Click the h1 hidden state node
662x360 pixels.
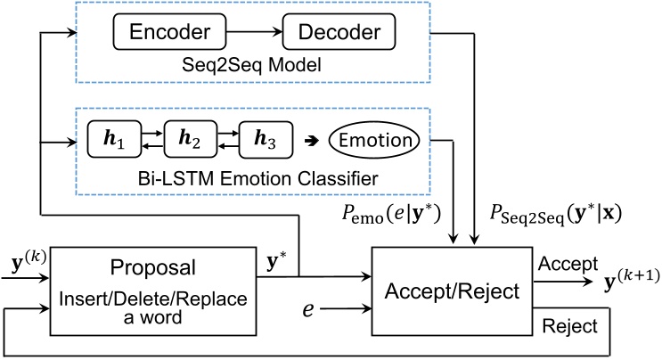click(116, 141)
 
